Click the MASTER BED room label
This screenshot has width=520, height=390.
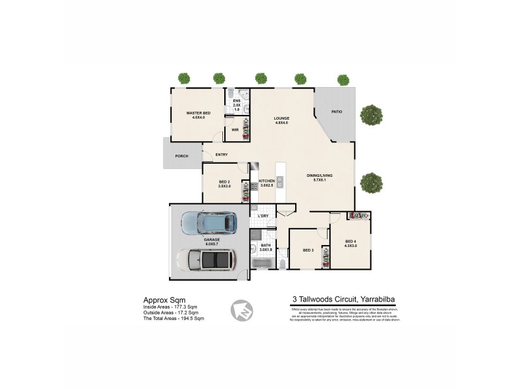(x=198, y=115)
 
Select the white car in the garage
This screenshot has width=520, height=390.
(x=205, y=261)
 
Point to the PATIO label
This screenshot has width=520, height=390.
(x=336, y=112)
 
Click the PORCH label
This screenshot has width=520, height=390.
(x=182, y=156)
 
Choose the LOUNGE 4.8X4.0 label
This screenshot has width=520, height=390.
(x=281, y=120)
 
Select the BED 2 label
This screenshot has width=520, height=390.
(x=224, y=183)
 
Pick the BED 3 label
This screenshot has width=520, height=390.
(x=308, y=250)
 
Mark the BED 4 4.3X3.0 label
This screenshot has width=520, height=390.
(x=350, y=245)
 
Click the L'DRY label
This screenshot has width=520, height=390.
(x=263, y=215)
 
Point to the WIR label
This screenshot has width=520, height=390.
(x=235, y=129)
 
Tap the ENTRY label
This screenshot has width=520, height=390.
(x=222, y=154)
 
